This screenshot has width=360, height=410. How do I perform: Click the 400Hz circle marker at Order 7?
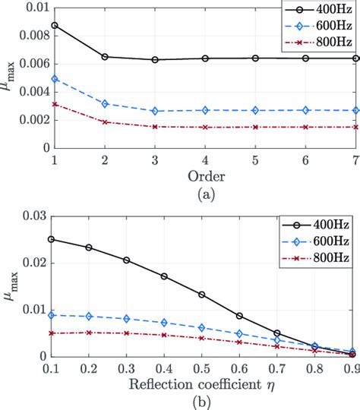click(x=355, y=58)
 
